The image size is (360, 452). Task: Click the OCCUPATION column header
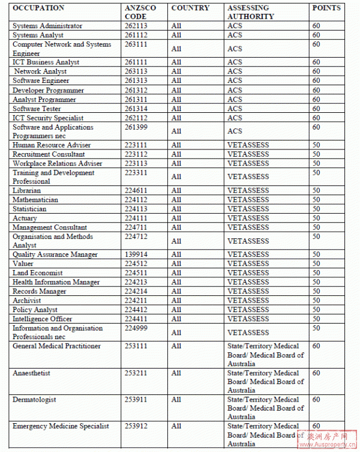[38, 8]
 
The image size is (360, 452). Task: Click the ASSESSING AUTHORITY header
[250, 12]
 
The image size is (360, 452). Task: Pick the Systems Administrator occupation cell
[47, 26]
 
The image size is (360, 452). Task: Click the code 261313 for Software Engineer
[134, 80]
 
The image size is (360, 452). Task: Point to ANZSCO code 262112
[134, 118]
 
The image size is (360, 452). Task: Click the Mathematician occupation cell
[35, 199]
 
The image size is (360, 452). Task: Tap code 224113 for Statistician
[134, 209]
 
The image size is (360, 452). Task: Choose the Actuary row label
[25, 218]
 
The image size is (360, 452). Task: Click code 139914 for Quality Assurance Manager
[134, 255]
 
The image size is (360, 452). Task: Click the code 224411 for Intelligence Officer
[134, 319]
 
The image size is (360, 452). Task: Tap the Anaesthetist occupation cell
[31, 373]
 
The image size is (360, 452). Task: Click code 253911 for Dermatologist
[134, 399]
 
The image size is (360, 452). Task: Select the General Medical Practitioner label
[56, 346]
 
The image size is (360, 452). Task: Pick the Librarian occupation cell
[27, 190]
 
